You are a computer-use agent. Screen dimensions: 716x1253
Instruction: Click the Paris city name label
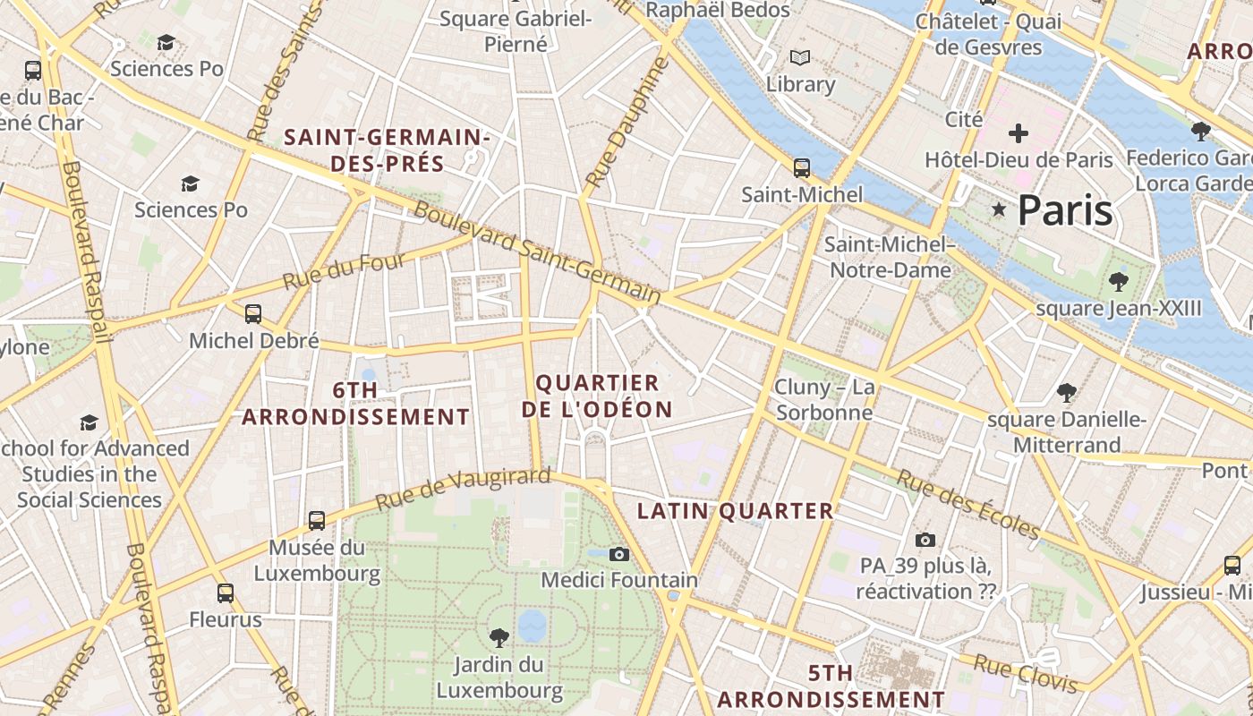[x=1065, y=210]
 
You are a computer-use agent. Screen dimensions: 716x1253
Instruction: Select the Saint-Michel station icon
[x=802, y=167]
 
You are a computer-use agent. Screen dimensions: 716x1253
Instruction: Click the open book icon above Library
[x=800, y=58]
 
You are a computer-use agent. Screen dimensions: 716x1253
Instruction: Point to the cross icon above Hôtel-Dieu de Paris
[x=1018, y=134]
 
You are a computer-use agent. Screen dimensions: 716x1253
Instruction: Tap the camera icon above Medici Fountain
[x=618, y=554]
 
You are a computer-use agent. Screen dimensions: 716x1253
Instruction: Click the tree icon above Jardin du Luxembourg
[x=499, y=637]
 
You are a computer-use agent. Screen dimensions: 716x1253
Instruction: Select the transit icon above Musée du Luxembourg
[x=317, y=520]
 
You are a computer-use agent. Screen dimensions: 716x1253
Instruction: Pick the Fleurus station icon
[x=226, y=592]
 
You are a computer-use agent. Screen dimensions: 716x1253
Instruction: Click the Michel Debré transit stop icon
[x=253, y=313]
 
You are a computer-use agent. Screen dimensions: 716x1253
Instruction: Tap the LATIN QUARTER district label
[x=735, y=511]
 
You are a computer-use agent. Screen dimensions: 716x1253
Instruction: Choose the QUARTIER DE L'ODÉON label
[x=597, y=396]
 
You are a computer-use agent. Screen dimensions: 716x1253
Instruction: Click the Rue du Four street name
[x=344, y=270]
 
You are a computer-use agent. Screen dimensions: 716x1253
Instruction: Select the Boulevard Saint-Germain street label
[x=537, y=254]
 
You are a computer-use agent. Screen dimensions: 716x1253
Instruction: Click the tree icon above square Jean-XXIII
[x=1118, y=282]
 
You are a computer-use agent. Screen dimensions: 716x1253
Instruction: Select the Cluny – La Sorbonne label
[x=824, y=400]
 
